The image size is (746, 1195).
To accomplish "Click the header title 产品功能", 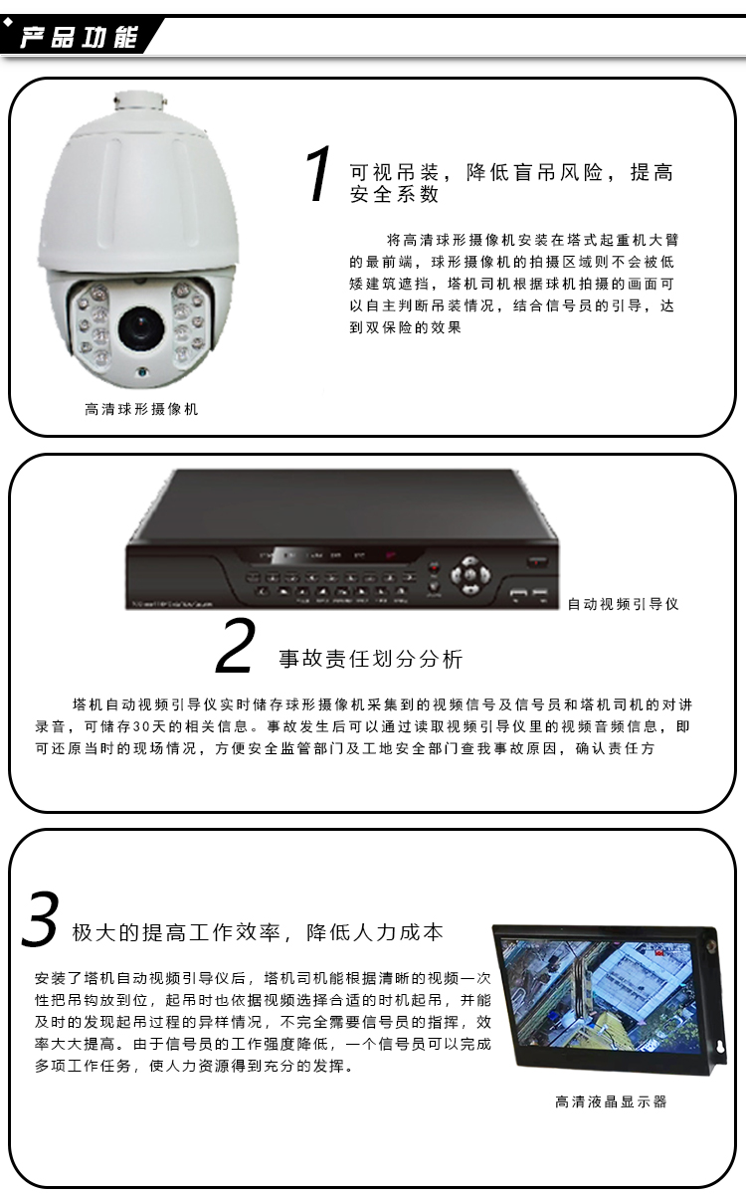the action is point(79,37).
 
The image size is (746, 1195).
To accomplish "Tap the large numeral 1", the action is point(319,173).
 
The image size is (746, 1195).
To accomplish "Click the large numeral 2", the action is point(235,645).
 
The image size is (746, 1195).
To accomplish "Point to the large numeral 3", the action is point(40,918).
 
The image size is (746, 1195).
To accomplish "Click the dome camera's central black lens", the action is point(141,327).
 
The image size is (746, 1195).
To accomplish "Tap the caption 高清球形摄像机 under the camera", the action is point(141,409).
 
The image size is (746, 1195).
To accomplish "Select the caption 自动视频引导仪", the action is point(623,604).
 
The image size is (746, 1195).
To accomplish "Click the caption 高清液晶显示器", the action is point(611,1101).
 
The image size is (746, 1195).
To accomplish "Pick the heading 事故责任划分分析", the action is point(371,659).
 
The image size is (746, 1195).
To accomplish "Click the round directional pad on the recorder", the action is point(469,575).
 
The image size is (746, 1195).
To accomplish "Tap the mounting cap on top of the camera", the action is point(141,100).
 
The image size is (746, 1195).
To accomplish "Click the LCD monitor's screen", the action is point(599,996).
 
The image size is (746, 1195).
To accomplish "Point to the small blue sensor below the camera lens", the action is point(142,372).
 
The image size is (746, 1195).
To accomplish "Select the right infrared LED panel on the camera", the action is point(187,320).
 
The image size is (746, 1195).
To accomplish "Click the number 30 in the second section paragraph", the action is point(141,726).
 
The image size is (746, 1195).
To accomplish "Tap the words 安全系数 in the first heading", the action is point(394,194).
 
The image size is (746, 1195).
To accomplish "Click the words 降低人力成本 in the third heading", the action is point(375,932).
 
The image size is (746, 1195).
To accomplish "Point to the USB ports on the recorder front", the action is point(528,593).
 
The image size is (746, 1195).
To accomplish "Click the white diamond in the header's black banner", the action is point(8,22).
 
